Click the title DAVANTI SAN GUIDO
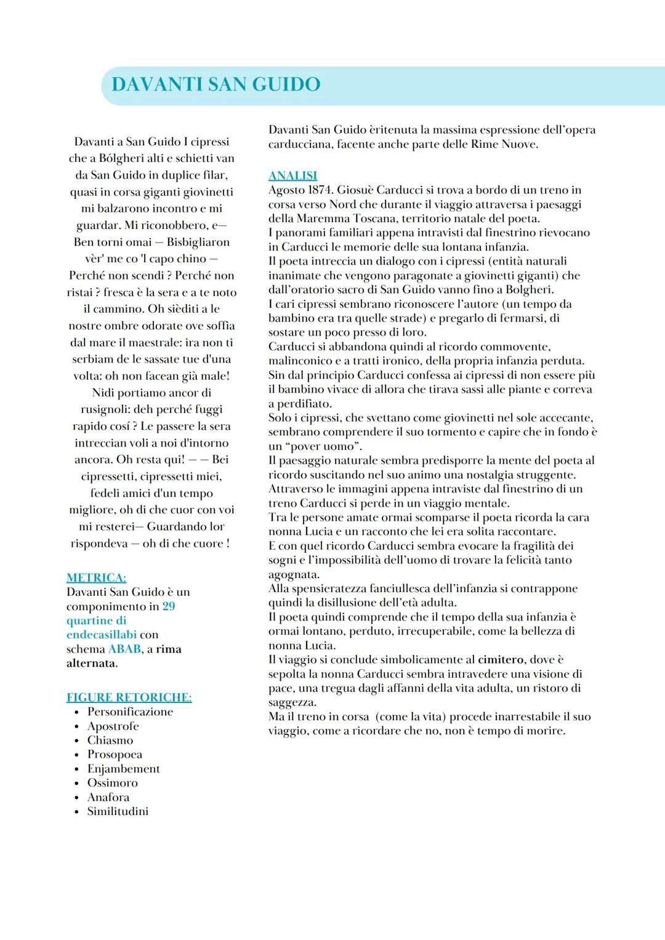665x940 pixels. [x=216, y=84]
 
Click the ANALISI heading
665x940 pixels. [x=292, y=175]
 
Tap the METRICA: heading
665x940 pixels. [x=96, y=577]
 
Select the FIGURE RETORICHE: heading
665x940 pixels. [x=129, y=697]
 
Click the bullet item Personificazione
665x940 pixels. [x=130, y=712]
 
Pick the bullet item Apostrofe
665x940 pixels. [x=113, y=726]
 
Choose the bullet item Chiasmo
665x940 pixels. [x=110, y=740]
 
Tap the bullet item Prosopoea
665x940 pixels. [x=115, y=754]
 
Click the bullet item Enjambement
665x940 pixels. [x=123, y=768]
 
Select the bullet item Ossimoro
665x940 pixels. [x=112, y=782]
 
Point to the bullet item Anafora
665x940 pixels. [x=108, y=797]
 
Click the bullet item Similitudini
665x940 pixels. [x=118, y=811]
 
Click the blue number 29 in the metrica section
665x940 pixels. [x=169, y=606]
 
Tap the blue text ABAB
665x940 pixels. [x=124, y=649]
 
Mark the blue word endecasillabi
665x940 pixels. [x=102, y=635]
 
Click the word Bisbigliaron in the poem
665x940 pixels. [x=198, y=242]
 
